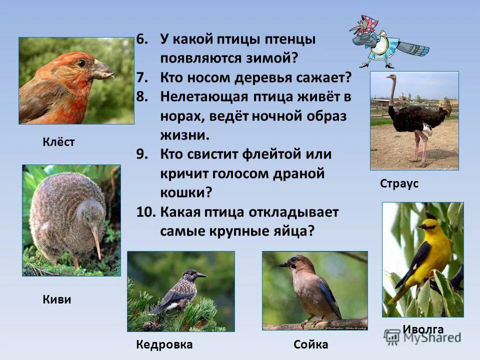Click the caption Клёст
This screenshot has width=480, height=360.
click(58, 142)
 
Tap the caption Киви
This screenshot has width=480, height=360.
click(56, 300)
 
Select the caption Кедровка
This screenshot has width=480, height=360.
click(164, 344)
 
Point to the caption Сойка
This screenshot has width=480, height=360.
click(310, 344)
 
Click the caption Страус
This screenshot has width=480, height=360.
click(399, 183)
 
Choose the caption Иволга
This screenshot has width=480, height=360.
click(423, 329)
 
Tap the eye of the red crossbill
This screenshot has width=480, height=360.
click(81, 63)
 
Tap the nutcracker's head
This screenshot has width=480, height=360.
click(191, 274)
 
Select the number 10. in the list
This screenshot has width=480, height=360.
click(145, 212)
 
